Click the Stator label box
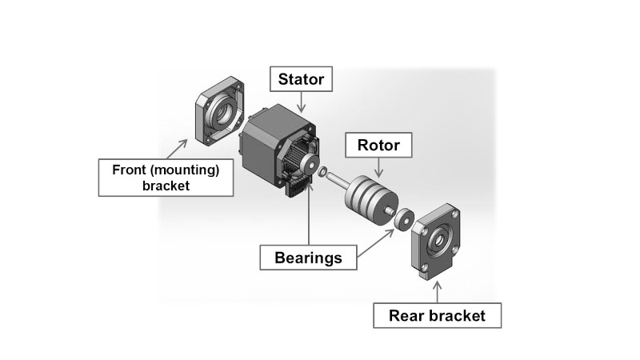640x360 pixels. tap(300, 80)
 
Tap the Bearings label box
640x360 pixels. tap(308, 258)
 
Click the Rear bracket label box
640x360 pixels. tap(437, 315)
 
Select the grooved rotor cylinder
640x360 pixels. tap(368, 196)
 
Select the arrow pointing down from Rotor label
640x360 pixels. tap(378, 167)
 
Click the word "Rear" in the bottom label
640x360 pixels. tap(406, 315)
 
